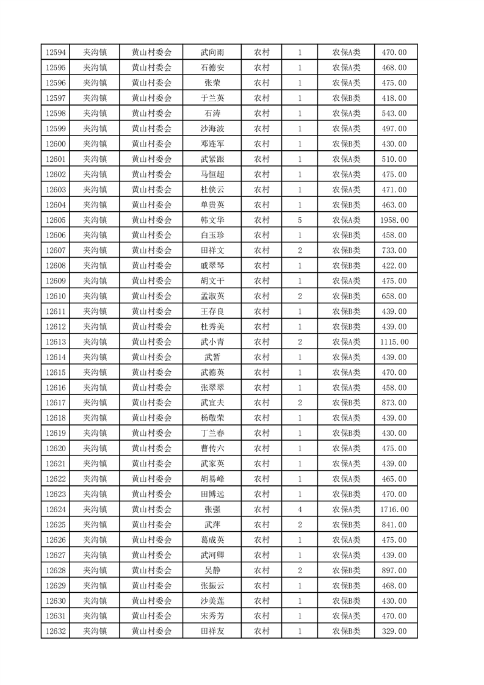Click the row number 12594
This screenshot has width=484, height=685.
click(56, 53)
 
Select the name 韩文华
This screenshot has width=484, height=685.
click(212, 220)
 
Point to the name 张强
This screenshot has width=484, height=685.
click(212, 509)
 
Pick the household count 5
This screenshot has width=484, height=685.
click(300, 220)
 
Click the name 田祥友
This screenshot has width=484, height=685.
click(212, 631)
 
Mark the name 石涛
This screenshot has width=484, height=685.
click(212, 114)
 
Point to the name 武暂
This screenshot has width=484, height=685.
click(212, 357)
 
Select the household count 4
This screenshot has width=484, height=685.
click(300, 509)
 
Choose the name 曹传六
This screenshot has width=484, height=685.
click(212, 449)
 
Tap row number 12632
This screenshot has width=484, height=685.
click(56, 631)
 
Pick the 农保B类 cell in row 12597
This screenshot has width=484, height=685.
click(346, 98)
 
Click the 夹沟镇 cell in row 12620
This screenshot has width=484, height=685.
click(95, 449)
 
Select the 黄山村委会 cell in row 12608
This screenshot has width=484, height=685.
click(151, 266)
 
